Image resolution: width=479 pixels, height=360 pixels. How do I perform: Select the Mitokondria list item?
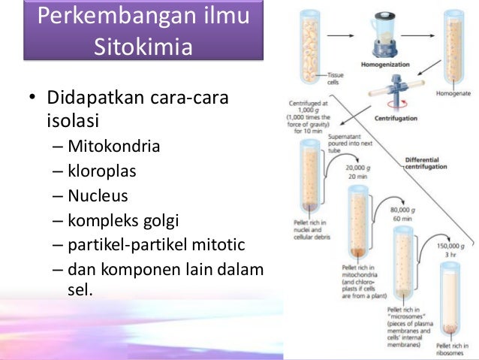pyautogui.click(x=113, y=146)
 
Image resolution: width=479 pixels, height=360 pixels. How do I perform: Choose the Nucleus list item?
pyautogui.click(x=98, y=196)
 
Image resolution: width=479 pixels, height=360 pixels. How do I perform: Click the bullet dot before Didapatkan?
pyautogui.click(x=33, y=101)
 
